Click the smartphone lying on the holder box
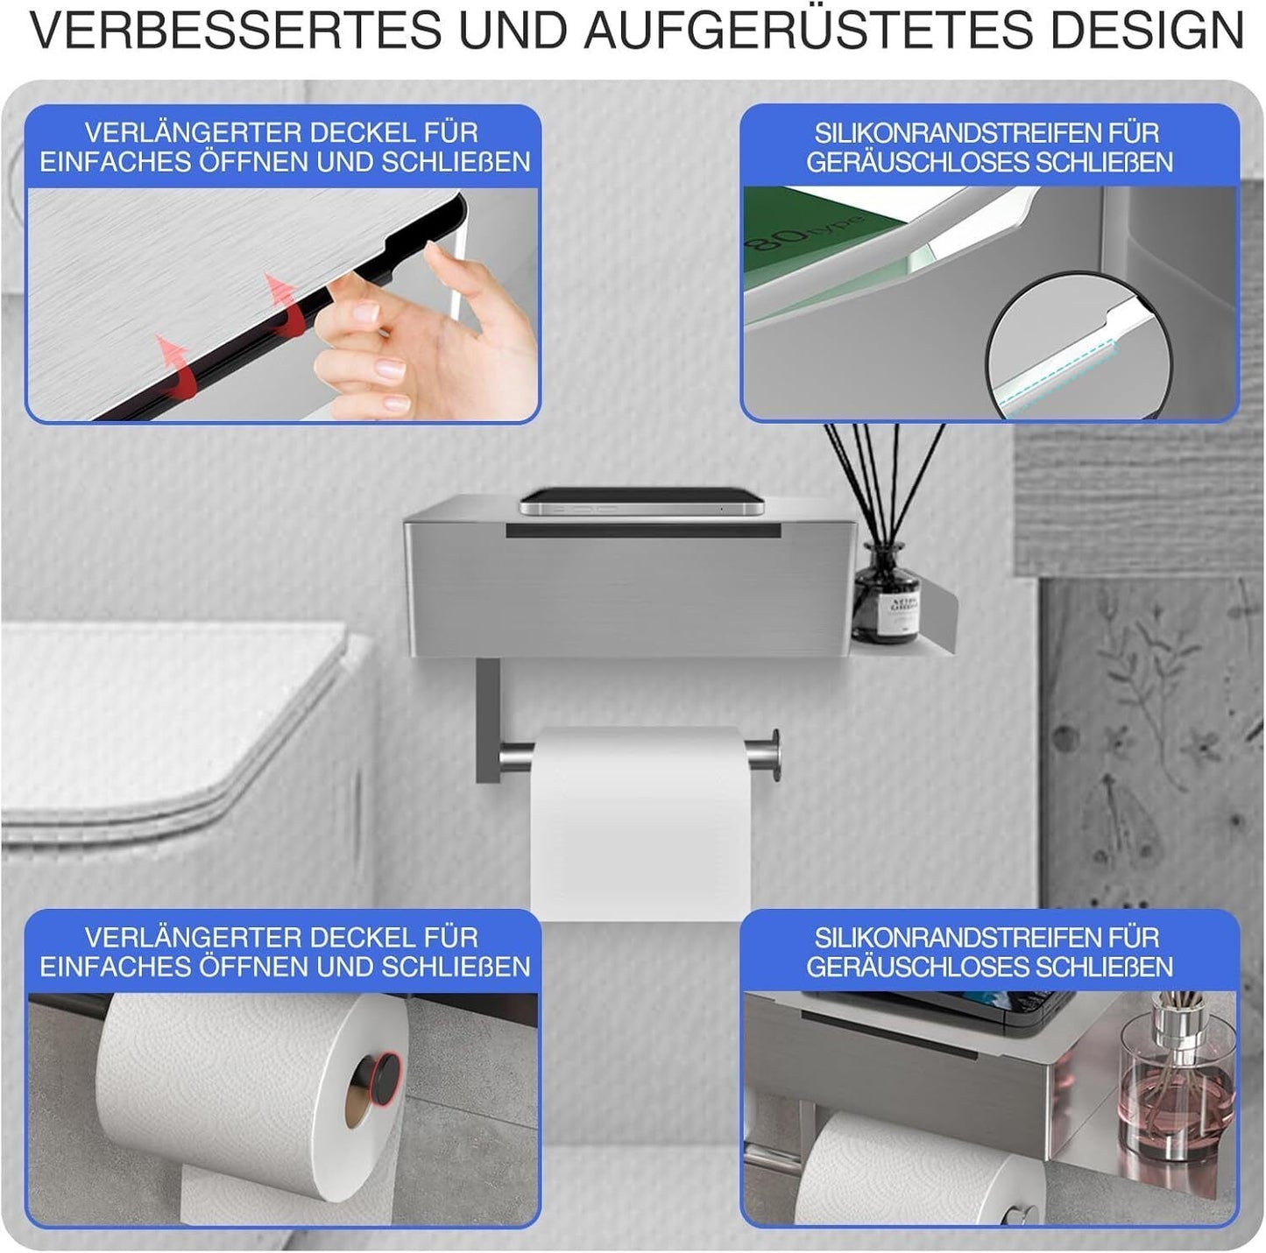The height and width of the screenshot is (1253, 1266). pyautogui.click(x=641, y=502)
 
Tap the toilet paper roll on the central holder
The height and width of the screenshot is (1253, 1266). pyautogui.click(x=640, y=823)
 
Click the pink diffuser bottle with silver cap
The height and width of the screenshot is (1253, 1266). pyautogui.click(x=1177, y=1086)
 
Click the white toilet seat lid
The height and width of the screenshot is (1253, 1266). pyautogui.click(x=175, y=718)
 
